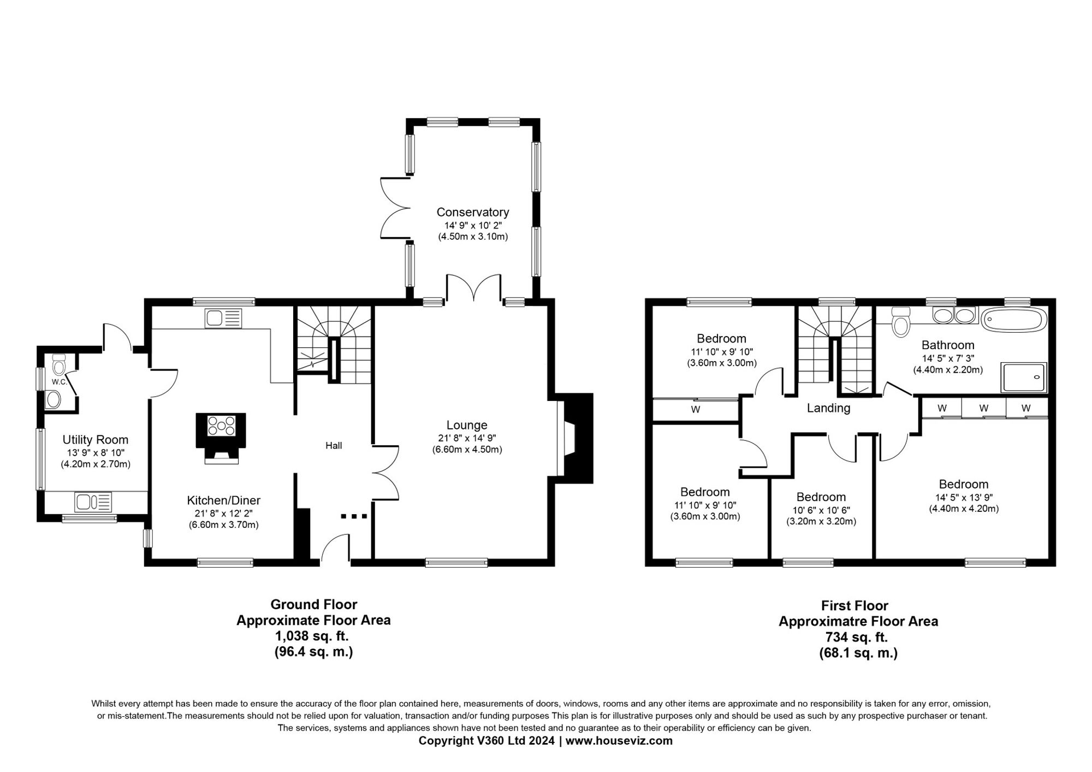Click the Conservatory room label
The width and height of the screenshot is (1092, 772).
472,212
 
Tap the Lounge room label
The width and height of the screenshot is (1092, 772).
467,425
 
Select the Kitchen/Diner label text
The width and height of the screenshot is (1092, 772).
223,500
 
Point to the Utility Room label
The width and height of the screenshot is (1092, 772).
96,440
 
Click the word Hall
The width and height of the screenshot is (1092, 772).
334,446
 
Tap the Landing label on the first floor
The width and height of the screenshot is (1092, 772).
829,408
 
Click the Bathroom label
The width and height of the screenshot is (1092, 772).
948,345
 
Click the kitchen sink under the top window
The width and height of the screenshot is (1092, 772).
223,319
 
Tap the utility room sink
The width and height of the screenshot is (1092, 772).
93,502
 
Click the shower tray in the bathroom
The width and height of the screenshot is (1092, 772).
1024,377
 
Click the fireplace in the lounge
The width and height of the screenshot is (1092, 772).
574,438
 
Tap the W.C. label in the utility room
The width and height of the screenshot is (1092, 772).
59,382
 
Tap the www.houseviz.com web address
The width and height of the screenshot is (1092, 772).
619,741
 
